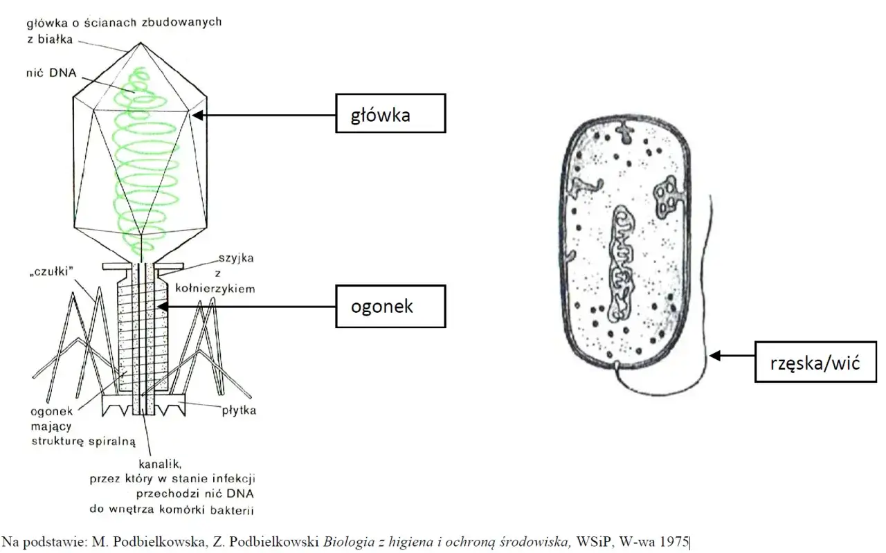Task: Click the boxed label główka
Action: pos(391,114)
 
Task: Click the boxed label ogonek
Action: pos(391,307)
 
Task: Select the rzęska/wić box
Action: pos(815,362)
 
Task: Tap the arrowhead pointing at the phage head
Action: pos(197,115)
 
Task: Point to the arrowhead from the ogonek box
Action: pos(163,307)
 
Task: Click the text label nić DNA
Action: pos(51,73)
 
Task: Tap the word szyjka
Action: pos(236,258)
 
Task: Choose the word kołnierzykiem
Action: pos(215,289)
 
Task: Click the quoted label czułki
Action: pos(52,272)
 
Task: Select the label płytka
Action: pos(239,410)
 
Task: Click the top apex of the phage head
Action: pos(141,42)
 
